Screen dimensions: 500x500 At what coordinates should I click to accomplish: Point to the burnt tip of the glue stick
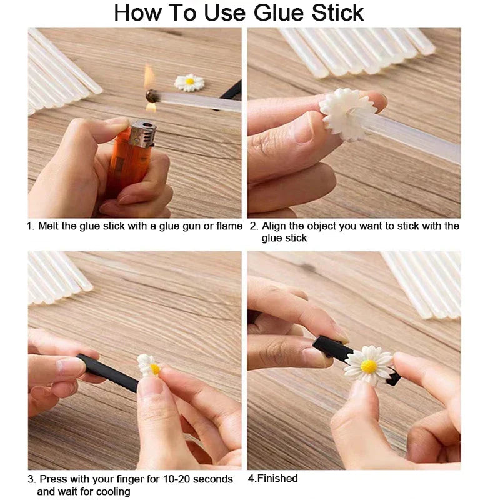[151, 96]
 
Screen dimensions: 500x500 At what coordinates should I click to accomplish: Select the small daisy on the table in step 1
[189, 82]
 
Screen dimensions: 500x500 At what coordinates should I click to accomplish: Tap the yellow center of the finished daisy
[369, 365]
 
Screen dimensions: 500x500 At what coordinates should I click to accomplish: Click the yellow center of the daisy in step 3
[154, 369]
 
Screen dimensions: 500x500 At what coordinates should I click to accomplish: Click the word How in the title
[134, 13]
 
